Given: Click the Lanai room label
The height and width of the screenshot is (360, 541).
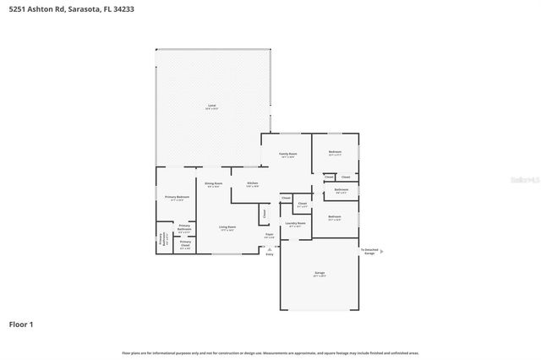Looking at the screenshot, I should coord(212,106).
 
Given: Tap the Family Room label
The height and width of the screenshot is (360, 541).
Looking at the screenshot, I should coord(287,154).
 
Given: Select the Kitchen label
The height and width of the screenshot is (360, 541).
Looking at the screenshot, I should coord(252,184).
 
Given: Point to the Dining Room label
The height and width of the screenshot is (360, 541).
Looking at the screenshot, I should coord(213,184).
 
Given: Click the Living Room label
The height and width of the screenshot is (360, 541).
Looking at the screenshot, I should coord(227,226).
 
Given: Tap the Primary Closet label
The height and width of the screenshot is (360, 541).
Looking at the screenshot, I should coord(185,244).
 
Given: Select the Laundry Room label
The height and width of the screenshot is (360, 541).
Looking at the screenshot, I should coord(295,224).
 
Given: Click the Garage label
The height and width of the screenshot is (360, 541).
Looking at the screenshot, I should coord(320,273).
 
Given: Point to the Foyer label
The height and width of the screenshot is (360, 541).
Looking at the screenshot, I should coord(269,236).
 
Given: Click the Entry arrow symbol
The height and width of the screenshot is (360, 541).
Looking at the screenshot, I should coord(270,247).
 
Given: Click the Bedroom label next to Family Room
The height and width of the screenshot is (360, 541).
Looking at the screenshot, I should coord(334,153).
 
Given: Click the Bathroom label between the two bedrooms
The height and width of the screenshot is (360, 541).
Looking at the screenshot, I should coord(341,190).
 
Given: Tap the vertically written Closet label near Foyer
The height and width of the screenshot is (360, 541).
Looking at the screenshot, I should coord(264,214).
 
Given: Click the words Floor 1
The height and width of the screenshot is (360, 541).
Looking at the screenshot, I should coord(20,324).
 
